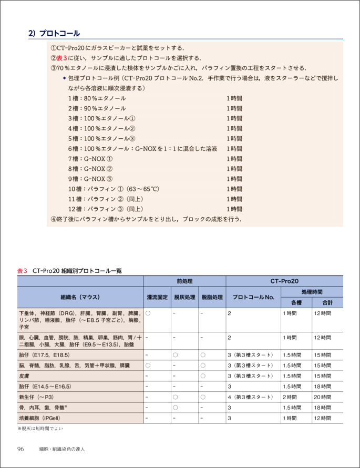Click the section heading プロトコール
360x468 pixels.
coord(58,34)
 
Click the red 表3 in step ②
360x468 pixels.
coord(61,58)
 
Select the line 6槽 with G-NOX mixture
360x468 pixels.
coord(142,149)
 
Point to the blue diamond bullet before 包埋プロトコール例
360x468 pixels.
coord(64,78)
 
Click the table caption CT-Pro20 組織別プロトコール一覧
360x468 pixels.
coord(77,270)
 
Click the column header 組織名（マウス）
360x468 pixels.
coord(80,297)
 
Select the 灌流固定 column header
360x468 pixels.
coord(157,297)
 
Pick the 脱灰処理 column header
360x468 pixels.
coord(184,297)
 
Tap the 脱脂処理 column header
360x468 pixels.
coord(212,297)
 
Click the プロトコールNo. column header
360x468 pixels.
coord(253,297)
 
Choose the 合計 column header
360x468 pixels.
coord(327,302)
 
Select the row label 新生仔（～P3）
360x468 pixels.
coord(36,397)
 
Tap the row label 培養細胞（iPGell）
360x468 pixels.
coord(40,418)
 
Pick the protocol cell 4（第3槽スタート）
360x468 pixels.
coord(250,397)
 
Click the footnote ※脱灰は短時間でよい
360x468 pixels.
coord(40,429)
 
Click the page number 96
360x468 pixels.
coord(21,449)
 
